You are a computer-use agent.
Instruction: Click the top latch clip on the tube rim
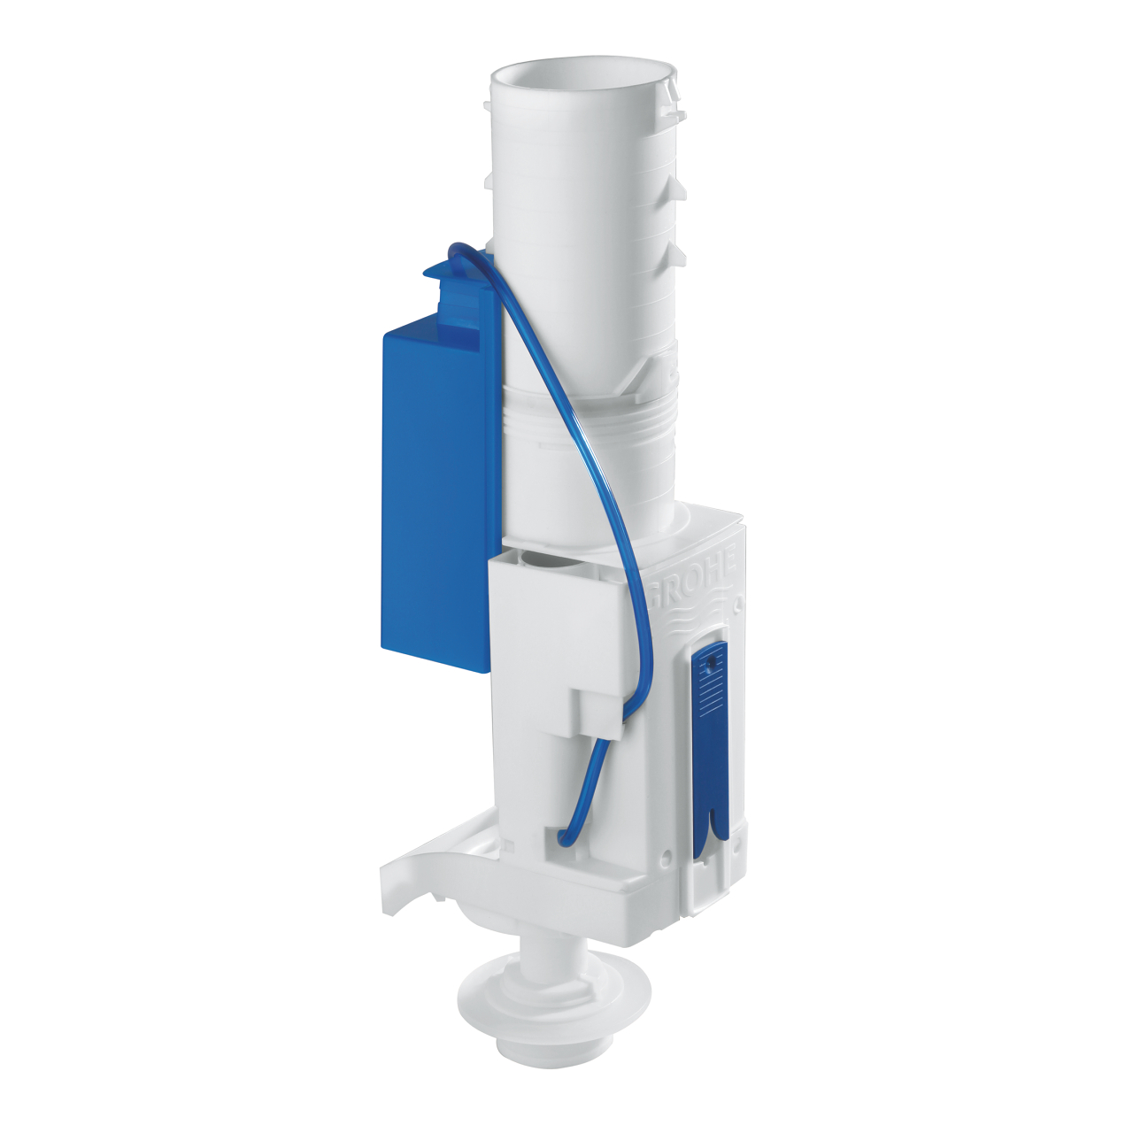pos(677,89)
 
